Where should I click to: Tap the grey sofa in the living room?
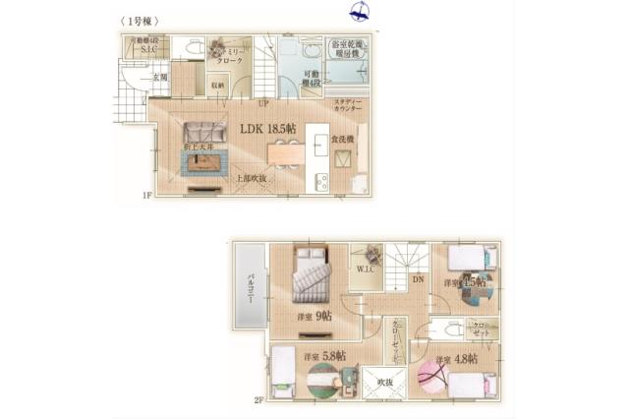203,132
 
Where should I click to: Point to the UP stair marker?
263,102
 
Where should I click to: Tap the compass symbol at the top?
360,12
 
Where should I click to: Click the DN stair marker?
417,279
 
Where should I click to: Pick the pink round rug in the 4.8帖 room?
434,379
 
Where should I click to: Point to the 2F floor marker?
258,400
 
